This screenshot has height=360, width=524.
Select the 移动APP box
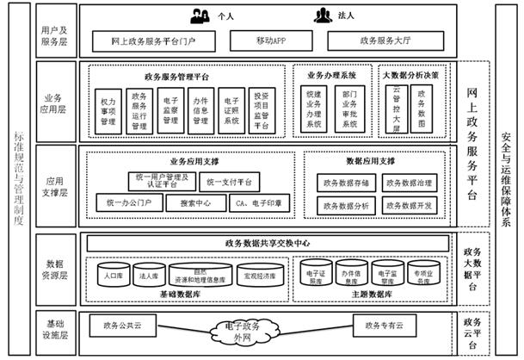pos(270,40)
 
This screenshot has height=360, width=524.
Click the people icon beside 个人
pos(201,15)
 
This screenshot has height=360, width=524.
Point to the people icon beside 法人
pos(324,15)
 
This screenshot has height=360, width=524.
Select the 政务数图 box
pos(422,109)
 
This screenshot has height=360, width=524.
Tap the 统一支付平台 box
pos(230,183)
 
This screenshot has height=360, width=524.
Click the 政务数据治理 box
pos(409,183)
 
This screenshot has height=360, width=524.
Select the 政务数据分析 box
pos(344,206)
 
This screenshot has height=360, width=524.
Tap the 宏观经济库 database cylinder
pos(260,276)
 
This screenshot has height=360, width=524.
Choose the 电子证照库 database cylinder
pos(320,275)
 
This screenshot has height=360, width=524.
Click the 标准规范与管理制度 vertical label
pos(19,178)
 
